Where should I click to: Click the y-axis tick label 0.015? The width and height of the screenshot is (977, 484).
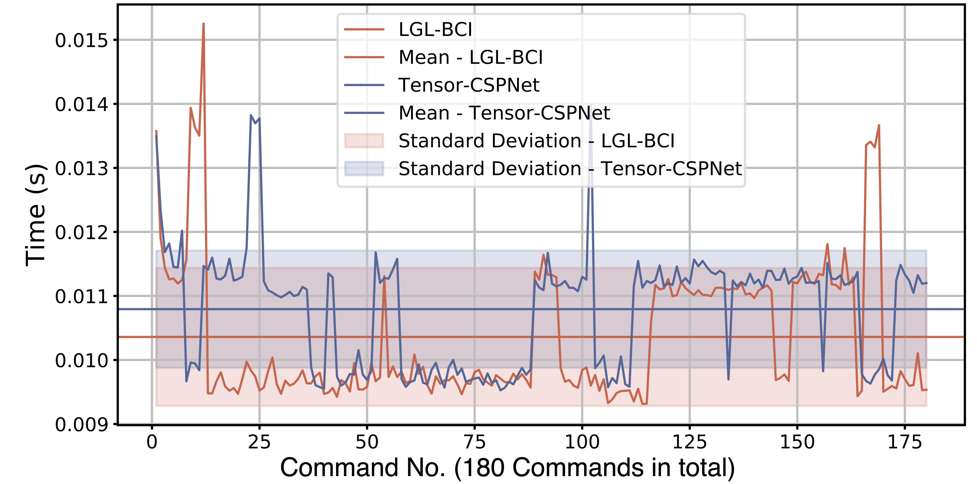coord(82,40)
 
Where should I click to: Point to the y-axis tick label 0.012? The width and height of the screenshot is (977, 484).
coord(82,232)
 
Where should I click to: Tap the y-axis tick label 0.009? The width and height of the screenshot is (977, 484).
coord(82,424)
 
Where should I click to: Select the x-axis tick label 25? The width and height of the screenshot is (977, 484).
coord(259,442)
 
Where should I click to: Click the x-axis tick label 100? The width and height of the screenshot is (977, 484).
coord(582,442)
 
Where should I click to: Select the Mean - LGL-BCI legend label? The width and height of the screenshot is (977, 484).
coord(470,57)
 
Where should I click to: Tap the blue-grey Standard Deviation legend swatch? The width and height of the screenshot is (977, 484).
coord(364,169)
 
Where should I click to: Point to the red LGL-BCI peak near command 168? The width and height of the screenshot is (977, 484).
coord(879,126)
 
